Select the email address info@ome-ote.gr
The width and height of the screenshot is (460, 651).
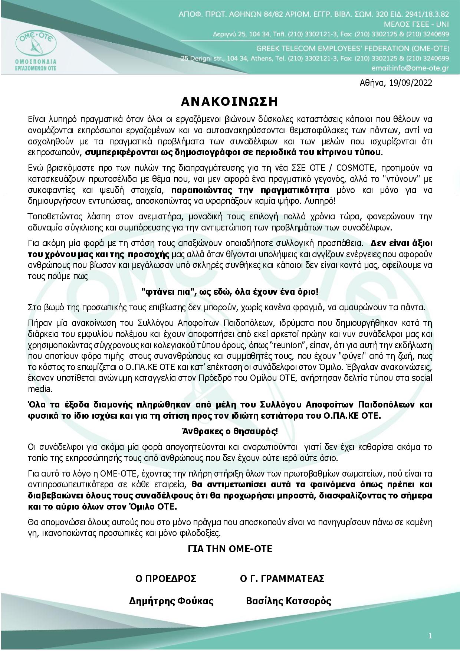tap(410, 68)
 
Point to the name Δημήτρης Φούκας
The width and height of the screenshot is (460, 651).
tap(171, 601)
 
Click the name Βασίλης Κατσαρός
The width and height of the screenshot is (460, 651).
tap(288, 601)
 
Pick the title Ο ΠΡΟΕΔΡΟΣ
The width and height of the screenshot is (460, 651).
tap(166, 578)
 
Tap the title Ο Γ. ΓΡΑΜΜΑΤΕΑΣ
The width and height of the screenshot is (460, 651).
tap(282, 578)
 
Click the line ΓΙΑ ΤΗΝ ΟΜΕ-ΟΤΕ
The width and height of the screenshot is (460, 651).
tap(230, 549)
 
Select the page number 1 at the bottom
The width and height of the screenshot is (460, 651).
tap(430, 636)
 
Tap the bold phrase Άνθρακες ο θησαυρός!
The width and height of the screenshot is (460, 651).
tap(230, 431)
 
